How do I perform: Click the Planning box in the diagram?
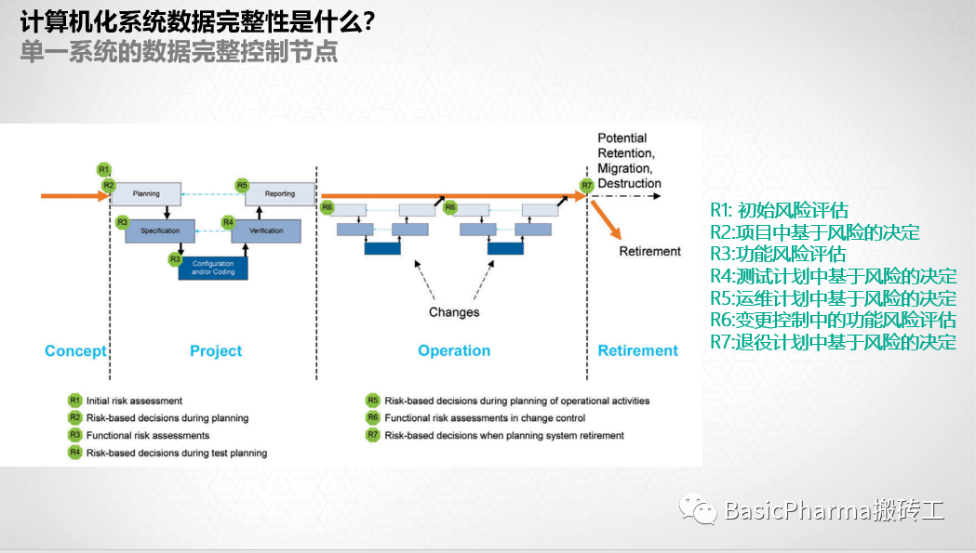pos(146,193)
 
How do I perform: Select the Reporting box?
pos(279,193)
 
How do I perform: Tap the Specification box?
pos(160,230)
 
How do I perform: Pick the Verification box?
pos(267,230)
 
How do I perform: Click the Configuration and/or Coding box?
pos(214,268)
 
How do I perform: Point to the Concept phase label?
pos(75,350)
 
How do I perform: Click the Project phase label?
pos(215,350)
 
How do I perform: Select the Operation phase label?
pos(454,350)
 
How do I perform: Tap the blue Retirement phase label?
pos(637,350)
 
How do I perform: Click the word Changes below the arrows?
pos(454,312)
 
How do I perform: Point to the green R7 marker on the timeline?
pos(586,186)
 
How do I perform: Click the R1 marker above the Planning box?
pos(104,169)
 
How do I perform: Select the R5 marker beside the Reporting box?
pos(242,185)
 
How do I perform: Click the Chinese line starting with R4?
pos(833,276)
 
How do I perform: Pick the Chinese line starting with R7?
pos(833,341)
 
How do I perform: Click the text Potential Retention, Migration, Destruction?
pos(629,161)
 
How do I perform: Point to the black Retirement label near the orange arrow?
pos(649,251)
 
